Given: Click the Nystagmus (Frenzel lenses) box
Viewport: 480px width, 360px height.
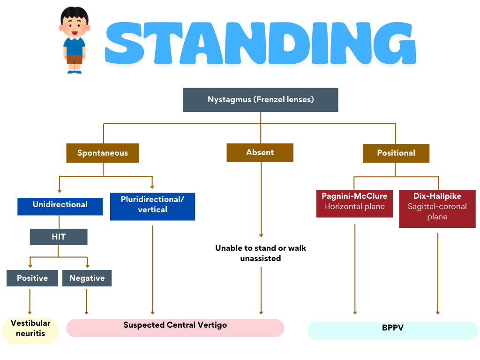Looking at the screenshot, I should pyautogui.click(x=261, y=100).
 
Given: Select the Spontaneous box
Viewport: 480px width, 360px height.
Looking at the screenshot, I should pyautogui.click(x=103, y=153).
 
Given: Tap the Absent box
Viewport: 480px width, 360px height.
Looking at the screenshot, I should pyautogui.click(x=260, y=152).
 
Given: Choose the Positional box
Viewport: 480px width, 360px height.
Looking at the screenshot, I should pyautogui.click(x=396, y=153).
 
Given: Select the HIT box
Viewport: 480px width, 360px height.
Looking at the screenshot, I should pyautogui.click(x=59, y=237).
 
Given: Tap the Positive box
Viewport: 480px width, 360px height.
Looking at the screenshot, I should pyautogui.click(x=32, y=278).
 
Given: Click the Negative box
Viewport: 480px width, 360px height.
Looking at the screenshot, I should pyautogui.click(x=87, y=278).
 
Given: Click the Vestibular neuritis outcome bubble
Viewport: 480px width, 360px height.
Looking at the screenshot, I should pyautogui.click(x=30, y=330).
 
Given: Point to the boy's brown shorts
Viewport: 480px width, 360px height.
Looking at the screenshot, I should pyautogui.click(x=74, y=59).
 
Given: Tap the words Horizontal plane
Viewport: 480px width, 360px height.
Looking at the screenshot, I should pyautogui.click(x=354, y=207).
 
